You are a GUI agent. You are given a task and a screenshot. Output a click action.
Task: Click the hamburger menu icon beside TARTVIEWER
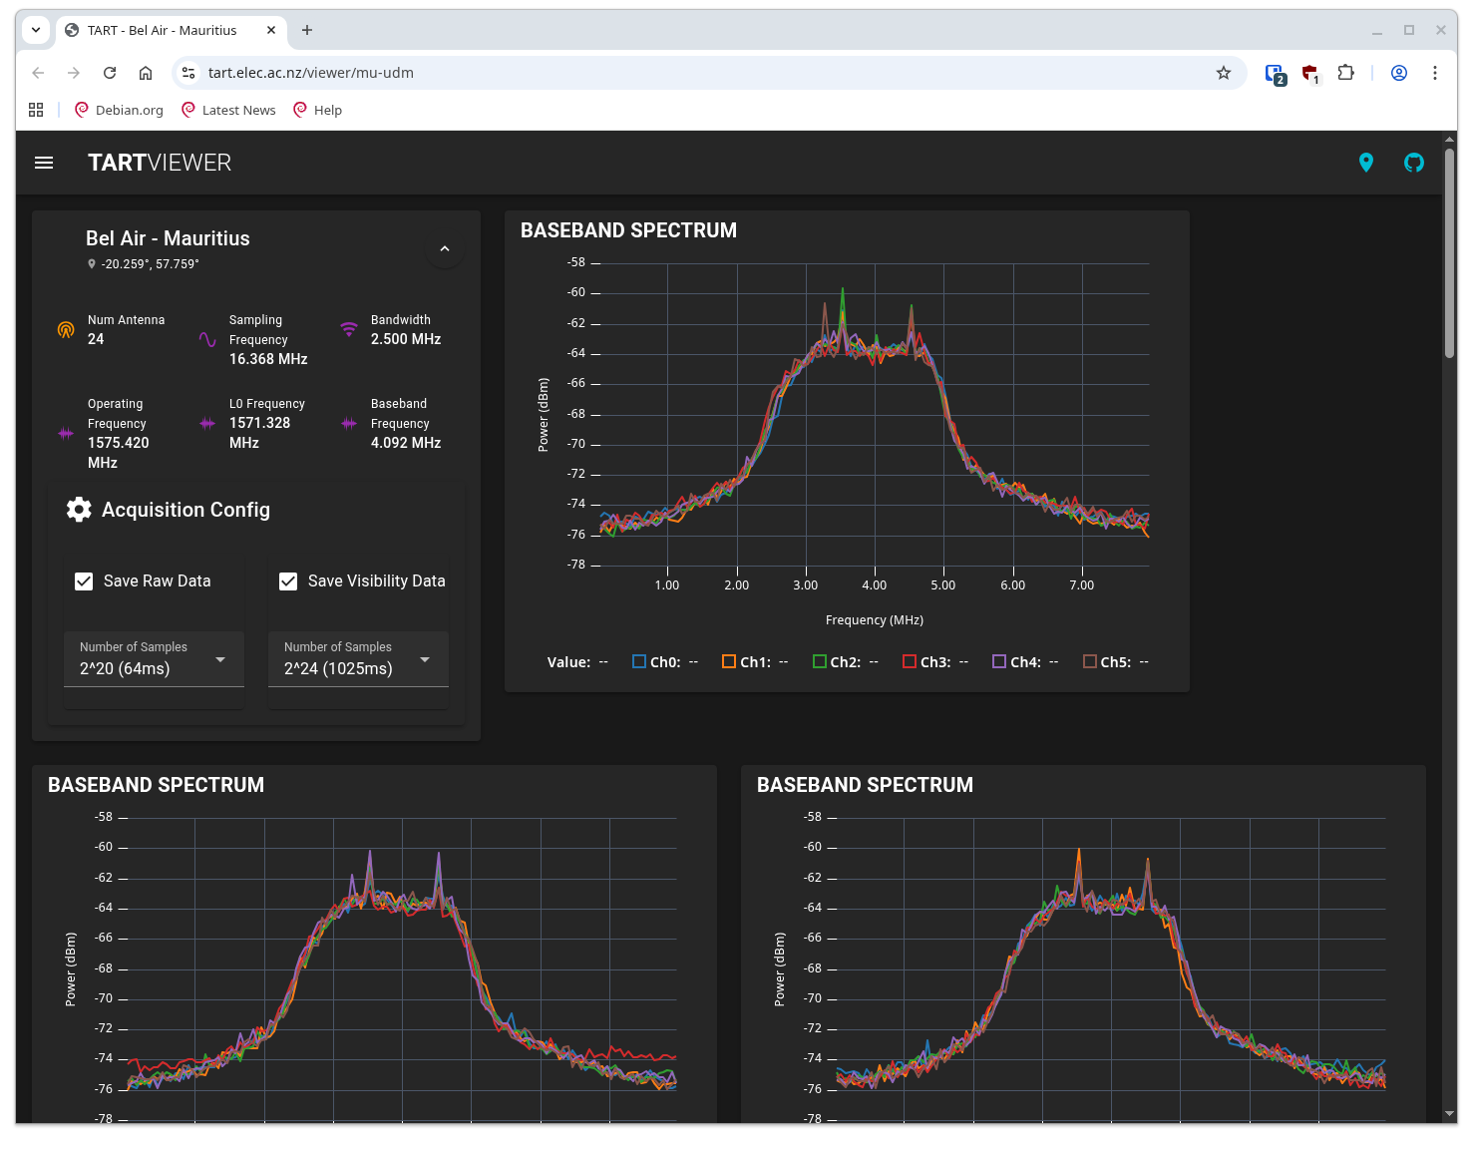(44, 163)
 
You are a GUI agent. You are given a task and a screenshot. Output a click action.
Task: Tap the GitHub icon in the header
(1414, 163)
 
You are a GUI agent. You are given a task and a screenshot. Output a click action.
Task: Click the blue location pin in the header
(1366, 163)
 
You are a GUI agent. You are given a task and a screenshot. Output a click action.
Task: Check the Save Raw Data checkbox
(85, 581)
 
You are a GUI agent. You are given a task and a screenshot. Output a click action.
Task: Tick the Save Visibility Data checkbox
(288, 581)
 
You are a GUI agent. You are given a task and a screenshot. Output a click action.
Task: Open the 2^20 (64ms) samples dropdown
(154, 659)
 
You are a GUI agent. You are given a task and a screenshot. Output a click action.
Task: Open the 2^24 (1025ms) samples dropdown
(358, 659)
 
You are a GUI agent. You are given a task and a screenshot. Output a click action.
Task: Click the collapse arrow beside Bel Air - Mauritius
(445, 249)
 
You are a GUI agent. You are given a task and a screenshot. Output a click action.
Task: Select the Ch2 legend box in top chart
(820, 661)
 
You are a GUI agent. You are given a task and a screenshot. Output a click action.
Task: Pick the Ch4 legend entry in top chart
(999, 661)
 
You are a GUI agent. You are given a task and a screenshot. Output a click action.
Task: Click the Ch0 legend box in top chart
(639, 661)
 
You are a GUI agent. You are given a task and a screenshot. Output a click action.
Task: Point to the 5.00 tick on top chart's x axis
(943, 585)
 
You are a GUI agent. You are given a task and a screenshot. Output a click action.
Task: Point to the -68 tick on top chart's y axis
(576, 414)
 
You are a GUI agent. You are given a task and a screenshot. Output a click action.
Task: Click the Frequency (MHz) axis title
(875, 620)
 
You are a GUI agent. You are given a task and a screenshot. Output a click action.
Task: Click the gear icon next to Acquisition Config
(79, 510)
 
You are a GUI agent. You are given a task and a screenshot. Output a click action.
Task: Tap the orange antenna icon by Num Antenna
(66, 330)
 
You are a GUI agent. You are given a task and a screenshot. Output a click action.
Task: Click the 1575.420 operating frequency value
(119, 443)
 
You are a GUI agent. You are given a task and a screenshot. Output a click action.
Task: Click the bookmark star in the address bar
(1224, 73)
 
